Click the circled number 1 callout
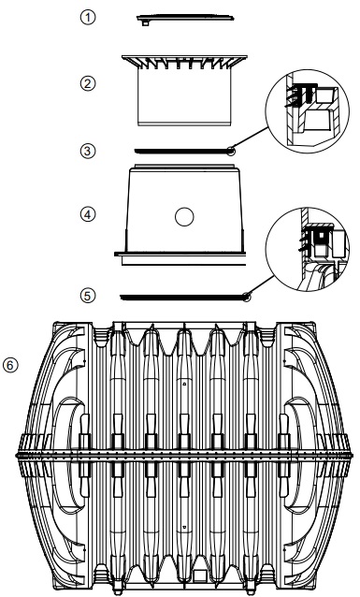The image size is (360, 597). pyautogui.click(x=88, y=18)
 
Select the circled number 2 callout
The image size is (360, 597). pyautogui.click(x=88, y=83)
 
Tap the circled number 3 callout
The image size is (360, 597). pyautogui.click(x=88, y=151)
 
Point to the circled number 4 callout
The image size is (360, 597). pyautogui.click(x=88, y=214)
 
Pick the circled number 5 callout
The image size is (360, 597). pyautogui.click(x=88, y=296)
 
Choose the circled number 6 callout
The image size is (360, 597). pyautogui.click(x=10, y=365)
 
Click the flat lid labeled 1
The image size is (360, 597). pyautogui.click(x=185, y=18)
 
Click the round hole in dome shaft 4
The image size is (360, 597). pyautogui.click(x=184, y=217)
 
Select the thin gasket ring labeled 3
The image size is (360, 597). pyautogui.click(x=184, y=152)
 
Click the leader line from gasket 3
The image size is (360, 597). pyautogui.click(x=251, y=138)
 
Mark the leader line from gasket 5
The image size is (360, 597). pyautogui.click(x=261, y=285)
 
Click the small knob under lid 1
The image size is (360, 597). pyautogui.click(x=145, y=23)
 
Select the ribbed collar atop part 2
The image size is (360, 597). pyautogui.click(x=184, y=63)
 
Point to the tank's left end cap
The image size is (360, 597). pyautogui.click(x=53, y=455)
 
